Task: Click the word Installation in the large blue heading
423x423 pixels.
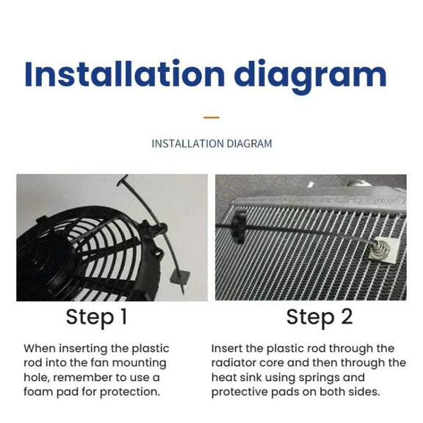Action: point(124,73)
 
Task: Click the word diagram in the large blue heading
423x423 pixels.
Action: point(311,77)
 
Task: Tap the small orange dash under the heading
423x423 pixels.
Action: point(211,117)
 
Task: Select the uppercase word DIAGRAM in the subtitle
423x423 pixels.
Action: point(249,143)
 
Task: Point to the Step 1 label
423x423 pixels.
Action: point(96,318)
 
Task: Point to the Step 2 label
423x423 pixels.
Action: point(319,318)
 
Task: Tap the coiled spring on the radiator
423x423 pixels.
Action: point(378,249)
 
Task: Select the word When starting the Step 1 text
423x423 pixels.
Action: point(40,348)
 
